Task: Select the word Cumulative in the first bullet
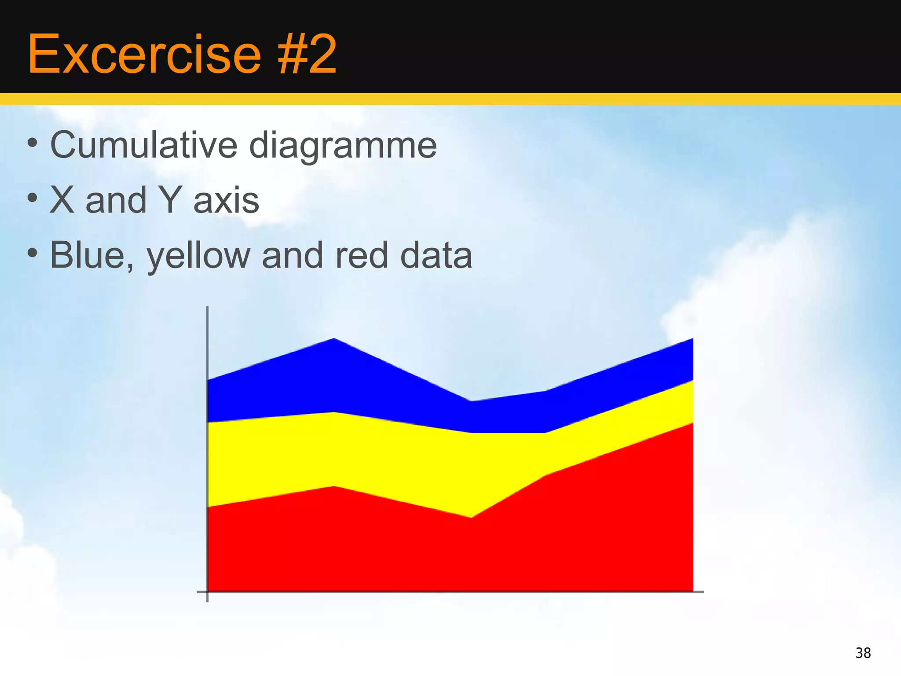click(x=144, y=145)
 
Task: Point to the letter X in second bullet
click(x=62, y=200)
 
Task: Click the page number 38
click(x=863, y=653)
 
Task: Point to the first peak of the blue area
click(x=334, y=339)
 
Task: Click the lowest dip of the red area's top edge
click(x=471, y=518)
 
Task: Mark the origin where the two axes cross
click(x=207, y=591)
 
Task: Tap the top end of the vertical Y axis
click(x=207, y=308)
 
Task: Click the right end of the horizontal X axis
click(x=703, y=591)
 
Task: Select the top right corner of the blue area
click(x=692, y=339)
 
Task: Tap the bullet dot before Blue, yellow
click(x=32, y=253)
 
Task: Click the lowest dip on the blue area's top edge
click(x=471, y=401)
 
